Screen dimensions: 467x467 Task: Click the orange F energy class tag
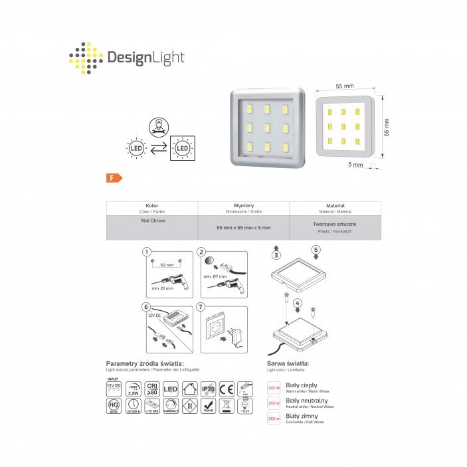[114, 177]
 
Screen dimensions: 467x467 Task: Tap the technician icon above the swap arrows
[157, 124]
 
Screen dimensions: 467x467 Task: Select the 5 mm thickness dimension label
[355, 164]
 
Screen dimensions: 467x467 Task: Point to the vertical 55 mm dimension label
[387, 126]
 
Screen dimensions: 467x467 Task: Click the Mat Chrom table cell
[153, 221]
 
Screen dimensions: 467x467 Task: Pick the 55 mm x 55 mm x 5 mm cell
[244, 227]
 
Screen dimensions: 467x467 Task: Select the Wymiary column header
[244, 206]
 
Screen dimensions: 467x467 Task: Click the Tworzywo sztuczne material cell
[335, 225]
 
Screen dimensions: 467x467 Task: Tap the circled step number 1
[147, 252]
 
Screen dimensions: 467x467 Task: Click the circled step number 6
[147, 307]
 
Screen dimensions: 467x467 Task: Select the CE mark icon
[226, 388]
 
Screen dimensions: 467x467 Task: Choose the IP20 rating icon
[207, 388]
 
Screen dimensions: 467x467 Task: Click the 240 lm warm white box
[274, 387]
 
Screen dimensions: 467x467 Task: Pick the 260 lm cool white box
[274, 419]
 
